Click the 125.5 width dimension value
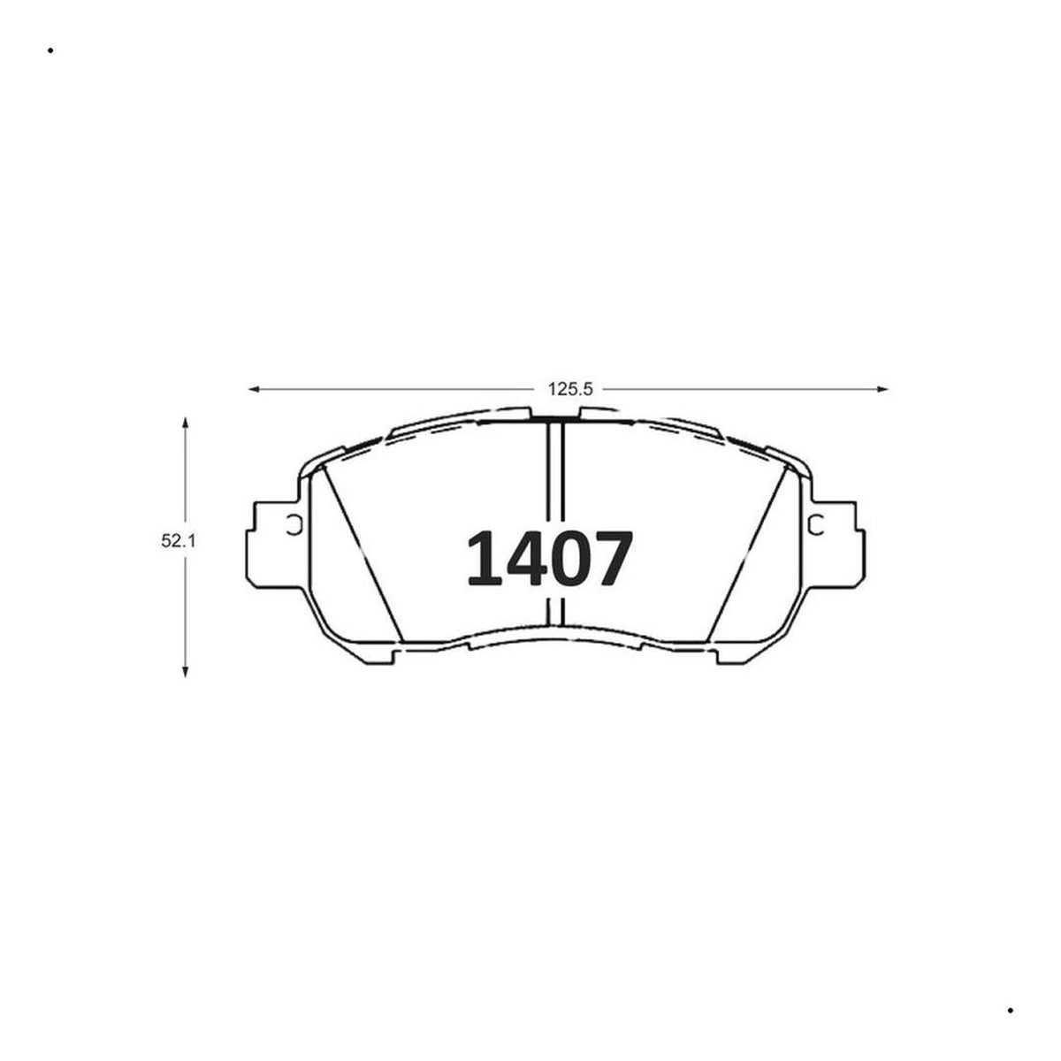tap(570, 389)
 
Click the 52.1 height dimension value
tap(179, 541)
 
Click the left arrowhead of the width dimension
tap(254, 389)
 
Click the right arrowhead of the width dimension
tap(882, 389)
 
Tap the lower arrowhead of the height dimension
tap(185, 670)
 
